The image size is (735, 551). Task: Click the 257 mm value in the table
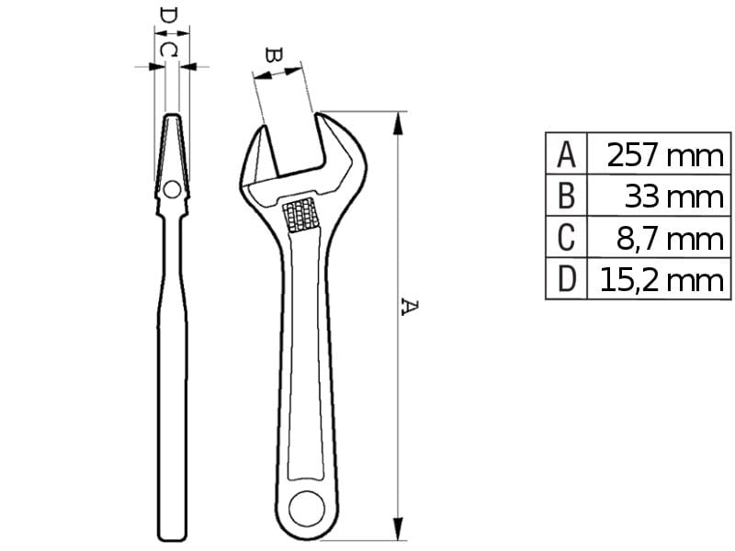tap(664, 155)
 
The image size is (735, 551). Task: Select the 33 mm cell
tap(674, 197)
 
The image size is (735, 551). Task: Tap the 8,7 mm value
tap(670, 239)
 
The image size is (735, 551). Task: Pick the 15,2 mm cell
tap(661, 280)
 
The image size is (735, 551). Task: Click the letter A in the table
tap(566, 154)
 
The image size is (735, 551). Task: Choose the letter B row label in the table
tap(566, 196)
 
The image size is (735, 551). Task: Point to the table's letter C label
tap(566, 238)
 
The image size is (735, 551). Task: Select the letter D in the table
tap(566, 279)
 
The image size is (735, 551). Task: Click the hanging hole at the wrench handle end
tap(307, 509)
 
